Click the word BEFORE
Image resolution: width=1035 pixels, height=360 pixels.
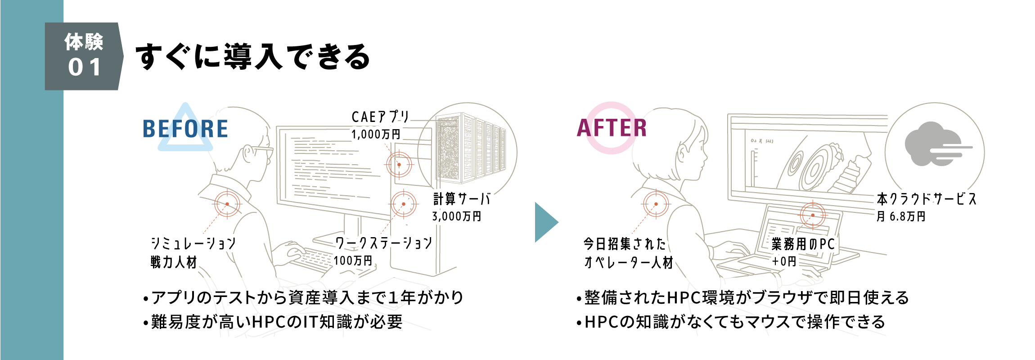(x=185, y=129)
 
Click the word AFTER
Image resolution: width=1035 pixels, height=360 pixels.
(x=612, y=128)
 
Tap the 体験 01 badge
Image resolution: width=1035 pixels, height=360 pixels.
(x=84, y=56)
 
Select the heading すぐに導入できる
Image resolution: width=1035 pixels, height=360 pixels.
(x=252, y=57)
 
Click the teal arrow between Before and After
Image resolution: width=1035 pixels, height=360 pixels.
(x=545, y=222)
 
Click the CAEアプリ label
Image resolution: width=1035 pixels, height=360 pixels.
(x=379, y=117)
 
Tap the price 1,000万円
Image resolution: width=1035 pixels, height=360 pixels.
(x=376, y=134)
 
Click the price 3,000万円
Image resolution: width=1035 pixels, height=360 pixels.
(x=457, y=216)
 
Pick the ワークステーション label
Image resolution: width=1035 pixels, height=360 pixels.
(x=383, y=243)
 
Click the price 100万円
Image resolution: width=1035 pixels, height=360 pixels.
(x=353, y=261)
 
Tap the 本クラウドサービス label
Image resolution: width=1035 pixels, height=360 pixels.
(x=927, y=199)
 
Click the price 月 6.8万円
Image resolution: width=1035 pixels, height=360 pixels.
(x=901, y=216)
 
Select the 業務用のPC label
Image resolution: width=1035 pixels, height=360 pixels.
(x=803, y=244)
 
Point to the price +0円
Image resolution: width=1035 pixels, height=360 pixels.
(x=784, y=261)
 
